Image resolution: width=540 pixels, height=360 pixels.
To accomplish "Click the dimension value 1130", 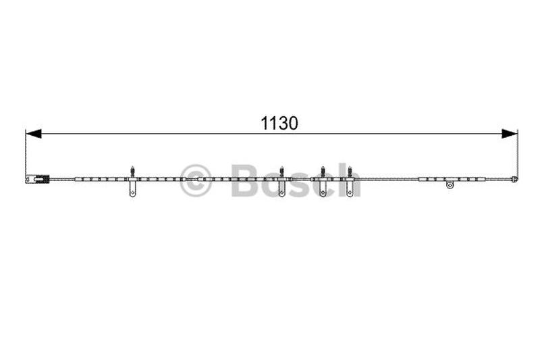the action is point(279,124).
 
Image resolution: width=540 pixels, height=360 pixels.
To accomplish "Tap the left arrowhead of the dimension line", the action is point(33,134).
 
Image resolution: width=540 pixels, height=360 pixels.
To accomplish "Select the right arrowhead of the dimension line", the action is point(510,134).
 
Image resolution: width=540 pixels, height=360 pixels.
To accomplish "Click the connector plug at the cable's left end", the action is point(38,179).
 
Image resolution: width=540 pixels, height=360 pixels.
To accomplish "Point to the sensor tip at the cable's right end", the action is point(514,179).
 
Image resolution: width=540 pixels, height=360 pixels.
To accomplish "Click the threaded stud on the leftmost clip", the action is point(132,172).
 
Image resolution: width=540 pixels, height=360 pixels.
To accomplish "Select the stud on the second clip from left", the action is point(281,172).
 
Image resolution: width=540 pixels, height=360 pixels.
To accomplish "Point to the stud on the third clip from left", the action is point(323,172).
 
